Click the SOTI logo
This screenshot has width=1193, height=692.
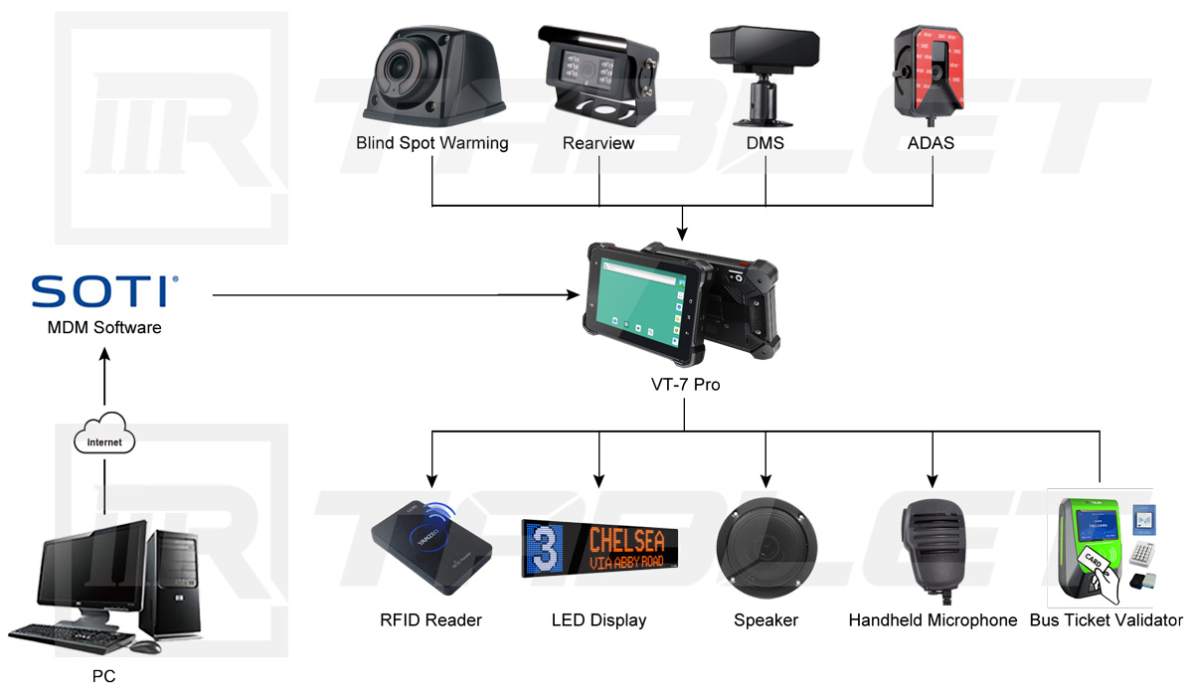103,292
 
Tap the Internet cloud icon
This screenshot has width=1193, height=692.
104,440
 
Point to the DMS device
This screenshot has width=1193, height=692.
764,64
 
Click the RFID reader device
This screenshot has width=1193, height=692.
431,542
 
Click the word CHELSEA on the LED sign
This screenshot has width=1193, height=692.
626,540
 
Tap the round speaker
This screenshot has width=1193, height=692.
766,547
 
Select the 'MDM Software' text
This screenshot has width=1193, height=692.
104,327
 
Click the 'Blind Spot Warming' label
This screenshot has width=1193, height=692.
432,143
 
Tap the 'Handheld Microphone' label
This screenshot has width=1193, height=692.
933,620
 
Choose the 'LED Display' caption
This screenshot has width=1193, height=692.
598,620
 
